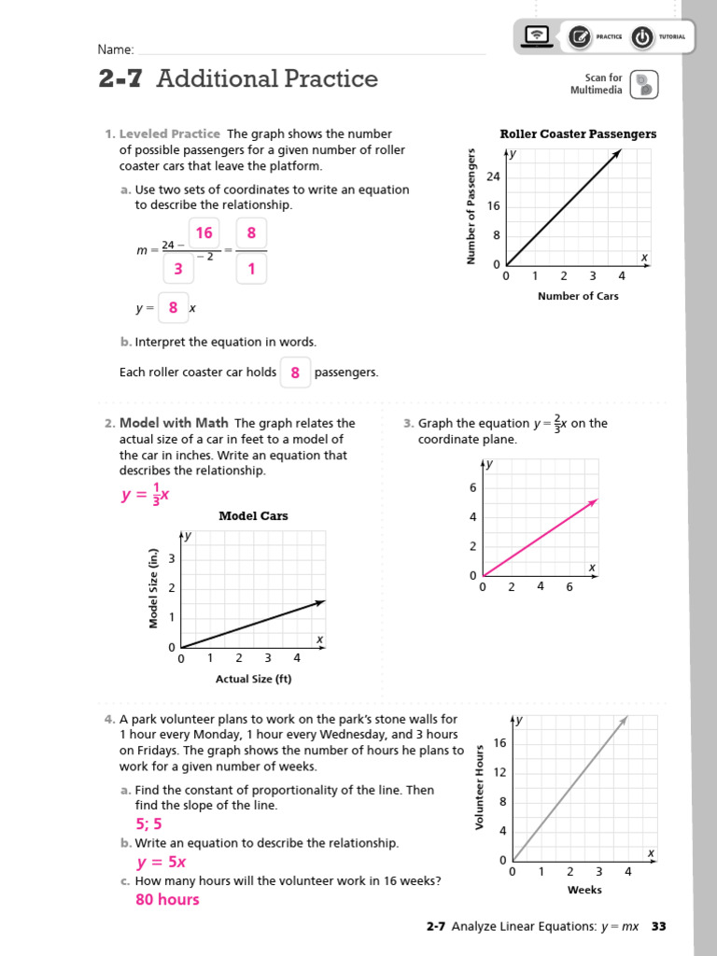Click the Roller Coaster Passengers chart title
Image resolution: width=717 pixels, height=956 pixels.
click(578, 134)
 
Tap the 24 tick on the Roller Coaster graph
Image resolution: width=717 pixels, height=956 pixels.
click(494, 177)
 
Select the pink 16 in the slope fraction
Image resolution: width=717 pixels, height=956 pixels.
click(204, 233)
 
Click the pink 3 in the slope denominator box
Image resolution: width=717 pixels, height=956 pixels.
click(177, 269)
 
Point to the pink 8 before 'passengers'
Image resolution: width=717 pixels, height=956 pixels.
click(295, 373)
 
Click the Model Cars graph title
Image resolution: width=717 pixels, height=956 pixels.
click(253, 516)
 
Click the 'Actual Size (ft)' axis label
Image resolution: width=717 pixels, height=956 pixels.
click(253, 679)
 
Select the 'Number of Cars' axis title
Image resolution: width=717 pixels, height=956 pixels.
click(578, 296)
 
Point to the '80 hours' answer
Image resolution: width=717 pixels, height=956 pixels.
click(167, 900)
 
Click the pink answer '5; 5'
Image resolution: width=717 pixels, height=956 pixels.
click(148, 823)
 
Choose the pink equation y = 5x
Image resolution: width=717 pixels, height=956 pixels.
click(162, 863)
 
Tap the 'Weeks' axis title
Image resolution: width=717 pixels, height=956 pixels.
click(584, 890)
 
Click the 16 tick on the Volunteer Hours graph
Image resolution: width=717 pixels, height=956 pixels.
click(499, 743)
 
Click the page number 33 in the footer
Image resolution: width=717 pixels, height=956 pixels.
click(659, 927)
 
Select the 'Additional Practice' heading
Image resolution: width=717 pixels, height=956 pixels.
click(267, 79)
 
